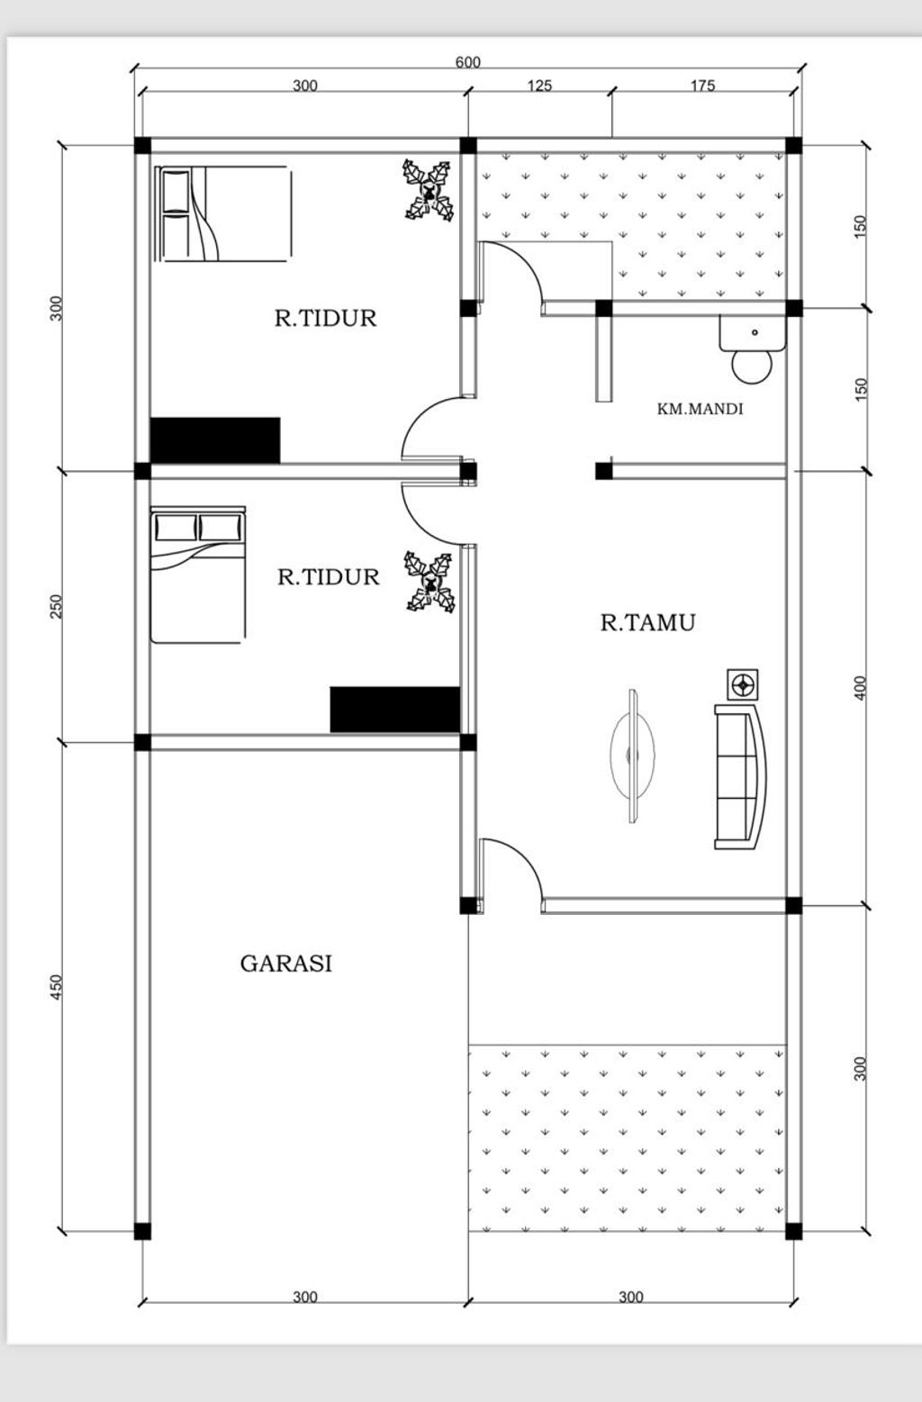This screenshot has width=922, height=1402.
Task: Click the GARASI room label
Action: (286, 963)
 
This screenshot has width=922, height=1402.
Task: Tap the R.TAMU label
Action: (648, 623)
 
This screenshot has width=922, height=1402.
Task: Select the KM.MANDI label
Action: (700, 410)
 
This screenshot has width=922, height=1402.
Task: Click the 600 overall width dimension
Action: (467, 62)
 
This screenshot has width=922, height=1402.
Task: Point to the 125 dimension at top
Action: (539, 86)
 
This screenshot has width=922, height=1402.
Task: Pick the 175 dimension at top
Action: (702, 86)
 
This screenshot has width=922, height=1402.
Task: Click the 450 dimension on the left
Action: (57, 987)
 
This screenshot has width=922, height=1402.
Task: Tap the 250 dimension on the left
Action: (57, 607)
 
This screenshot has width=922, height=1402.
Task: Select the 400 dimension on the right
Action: (861, 688)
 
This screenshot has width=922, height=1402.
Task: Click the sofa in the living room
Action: (741, 777)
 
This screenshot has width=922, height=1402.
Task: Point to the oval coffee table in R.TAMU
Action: (633, 756)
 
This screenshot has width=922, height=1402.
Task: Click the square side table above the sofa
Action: (742, 684)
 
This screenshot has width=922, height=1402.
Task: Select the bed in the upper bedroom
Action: (222, 213)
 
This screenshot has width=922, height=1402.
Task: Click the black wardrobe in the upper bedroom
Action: (215, 440)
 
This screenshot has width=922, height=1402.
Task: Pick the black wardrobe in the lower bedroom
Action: (395, 710)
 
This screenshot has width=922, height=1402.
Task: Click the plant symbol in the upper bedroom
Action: (429, 190)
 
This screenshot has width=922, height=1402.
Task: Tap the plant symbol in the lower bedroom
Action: (429, 582)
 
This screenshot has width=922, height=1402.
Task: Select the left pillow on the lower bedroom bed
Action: (176, 527)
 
